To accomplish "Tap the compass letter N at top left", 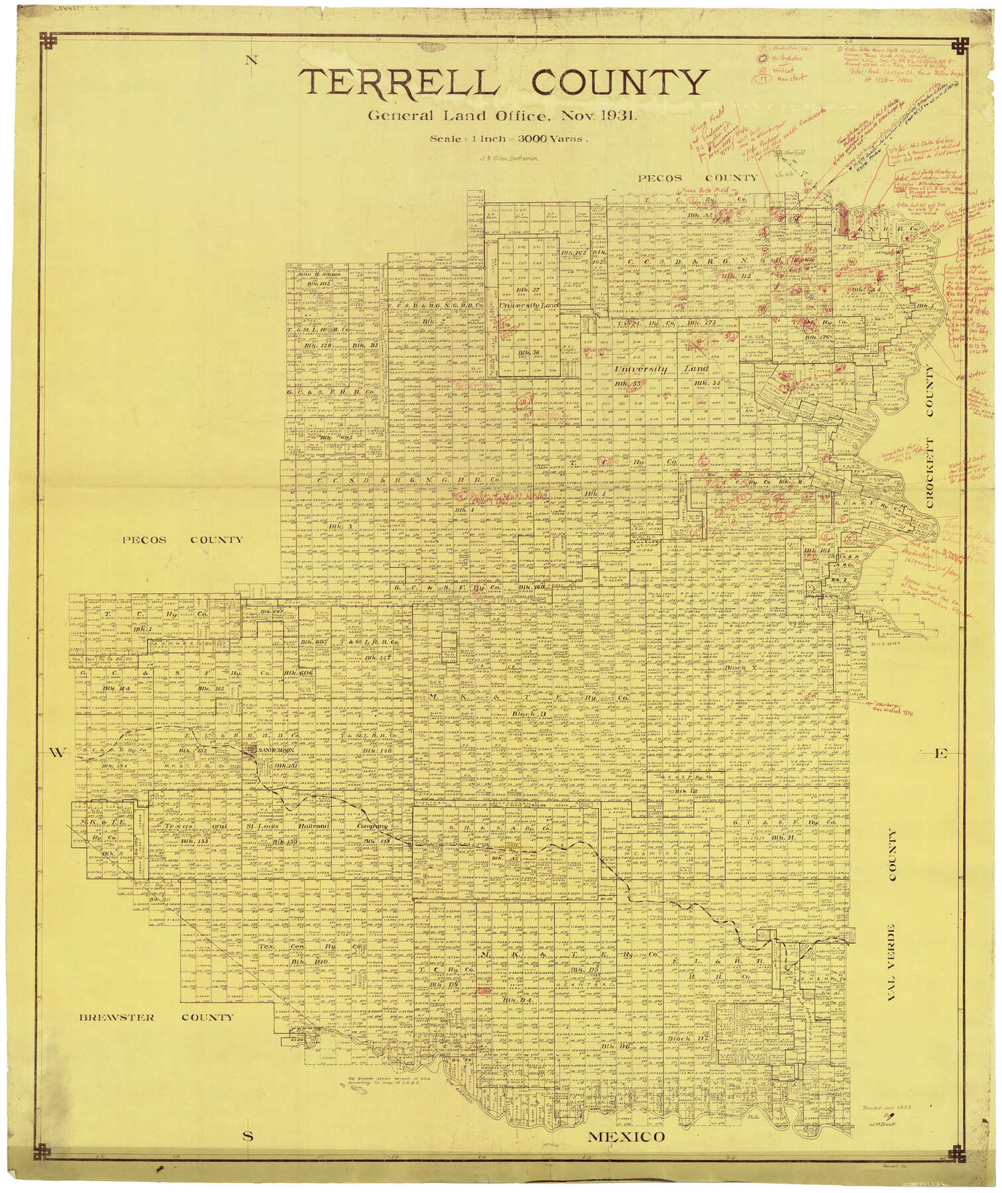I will pyautogui.click(x=251, y=60).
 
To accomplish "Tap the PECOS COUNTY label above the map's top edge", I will pyautogui.click(x=696, y=178).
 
